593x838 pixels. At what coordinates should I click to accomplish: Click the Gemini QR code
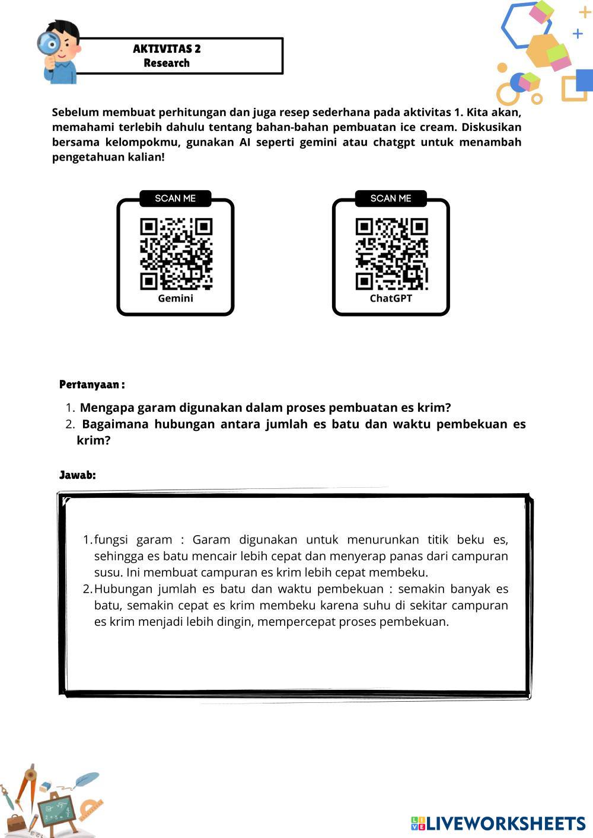pyautogui.click(x=176, y=254)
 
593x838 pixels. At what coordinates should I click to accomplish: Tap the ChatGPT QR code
pyautogui.click(x=391, y=254)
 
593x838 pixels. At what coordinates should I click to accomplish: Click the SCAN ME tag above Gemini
pyautogui.click(x=176, y=199)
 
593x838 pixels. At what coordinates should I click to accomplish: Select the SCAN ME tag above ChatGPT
pyautogui.click(x=391, y=199)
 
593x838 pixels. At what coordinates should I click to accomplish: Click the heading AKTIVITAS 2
pyautogui.click(x=167, y=49)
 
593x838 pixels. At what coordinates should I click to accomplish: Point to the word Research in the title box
pyautogui.click(x=167, y=63)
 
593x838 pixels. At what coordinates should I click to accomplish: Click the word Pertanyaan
pyautogui.click(x=90, y=385)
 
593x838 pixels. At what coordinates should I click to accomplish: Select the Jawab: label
pyautogui.click(x=77, y=475)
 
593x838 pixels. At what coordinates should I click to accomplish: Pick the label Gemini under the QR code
pyautogui.click(x=176, y=298)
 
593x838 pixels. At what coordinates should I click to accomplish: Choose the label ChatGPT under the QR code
pyautogui.click(x=391, y=298)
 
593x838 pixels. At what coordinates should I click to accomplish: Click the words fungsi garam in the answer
pyautogui.click(x=133, y=540)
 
